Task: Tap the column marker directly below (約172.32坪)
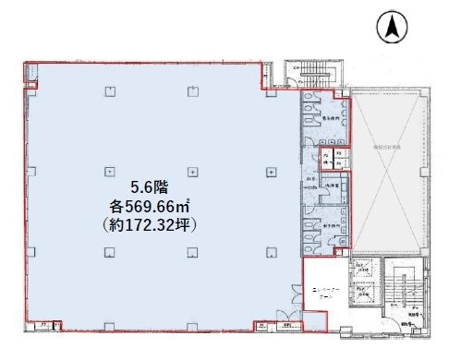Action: point(191,252)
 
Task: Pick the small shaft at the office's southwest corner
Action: point(42,326)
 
